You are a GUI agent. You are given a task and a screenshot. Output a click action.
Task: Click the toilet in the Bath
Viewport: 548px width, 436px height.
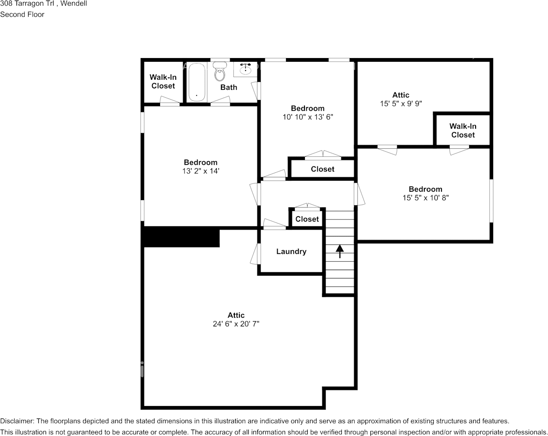click(x=220, y=71)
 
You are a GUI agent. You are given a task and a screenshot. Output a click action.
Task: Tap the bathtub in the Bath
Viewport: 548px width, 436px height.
click(x=197, y=82)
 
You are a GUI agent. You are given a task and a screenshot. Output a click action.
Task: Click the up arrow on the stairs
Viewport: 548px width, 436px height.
click(x=340, y=251)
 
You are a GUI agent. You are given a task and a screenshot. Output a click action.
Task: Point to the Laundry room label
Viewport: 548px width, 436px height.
click(x=291, y=251)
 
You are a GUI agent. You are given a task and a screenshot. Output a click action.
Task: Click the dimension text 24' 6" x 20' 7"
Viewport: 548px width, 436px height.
click(x=236, y=324)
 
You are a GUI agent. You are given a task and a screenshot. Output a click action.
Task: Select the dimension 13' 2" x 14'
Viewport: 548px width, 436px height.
click(x=201, y=171)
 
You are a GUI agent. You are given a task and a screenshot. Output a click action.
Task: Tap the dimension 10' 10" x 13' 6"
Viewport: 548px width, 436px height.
click(x=308, y=117)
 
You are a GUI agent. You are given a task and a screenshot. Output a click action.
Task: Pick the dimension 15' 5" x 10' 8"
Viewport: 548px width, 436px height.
click(x=425, y=198)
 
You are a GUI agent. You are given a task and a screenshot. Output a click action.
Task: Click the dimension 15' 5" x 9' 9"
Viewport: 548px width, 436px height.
click(x=401, y=103)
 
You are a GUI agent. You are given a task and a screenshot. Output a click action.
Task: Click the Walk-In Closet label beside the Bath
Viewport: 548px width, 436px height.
click(x=163, y=81)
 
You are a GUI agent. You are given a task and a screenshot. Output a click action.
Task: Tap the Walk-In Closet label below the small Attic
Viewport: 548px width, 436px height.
click(x=463, y=130)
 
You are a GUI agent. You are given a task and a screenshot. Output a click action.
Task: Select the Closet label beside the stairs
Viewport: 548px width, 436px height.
click(x=307, y=219)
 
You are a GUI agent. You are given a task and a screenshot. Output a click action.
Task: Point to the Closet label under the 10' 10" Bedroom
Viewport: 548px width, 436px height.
click(x=322, y=169)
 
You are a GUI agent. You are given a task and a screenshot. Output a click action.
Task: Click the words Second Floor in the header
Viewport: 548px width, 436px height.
click(x=22, y=14)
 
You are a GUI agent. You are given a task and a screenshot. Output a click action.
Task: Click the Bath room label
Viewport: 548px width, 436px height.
click(x=229, y=87)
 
